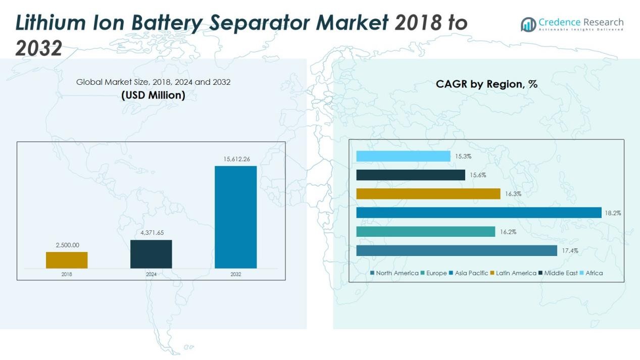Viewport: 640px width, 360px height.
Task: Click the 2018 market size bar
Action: [67, 260]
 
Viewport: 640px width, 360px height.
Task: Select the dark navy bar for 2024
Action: [151, 254]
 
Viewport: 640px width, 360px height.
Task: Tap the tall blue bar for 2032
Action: [235, 217]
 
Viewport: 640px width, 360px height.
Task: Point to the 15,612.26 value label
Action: [236, 159]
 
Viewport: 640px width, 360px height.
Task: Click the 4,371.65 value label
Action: [152, 233]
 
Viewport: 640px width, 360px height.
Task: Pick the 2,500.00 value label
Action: [67, 245]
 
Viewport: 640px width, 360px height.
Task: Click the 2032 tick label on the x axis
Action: [236, 274]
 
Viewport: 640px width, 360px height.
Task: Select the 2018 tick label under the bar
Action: [67, 274]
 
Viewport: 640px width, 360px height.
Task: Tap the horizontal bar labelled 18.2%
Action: [478, 213]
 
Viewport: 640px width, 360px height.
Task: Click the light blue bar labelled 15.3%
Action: [403, 157]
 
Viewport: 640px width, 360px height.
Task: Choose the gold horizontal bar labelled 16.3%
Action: [428, 194]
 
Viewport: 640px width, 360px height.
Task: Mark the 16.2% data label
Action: [508, 232]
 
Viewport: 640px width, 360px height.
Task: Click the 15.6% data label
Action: [478, 175]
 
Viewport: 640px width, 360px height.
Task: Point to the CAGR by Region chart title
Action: [486, 84]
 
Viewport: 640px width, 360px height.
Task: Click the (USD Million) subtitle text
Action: [153, 95]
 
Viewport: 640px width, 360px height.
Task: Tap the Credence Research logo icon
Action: [528, 24]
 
